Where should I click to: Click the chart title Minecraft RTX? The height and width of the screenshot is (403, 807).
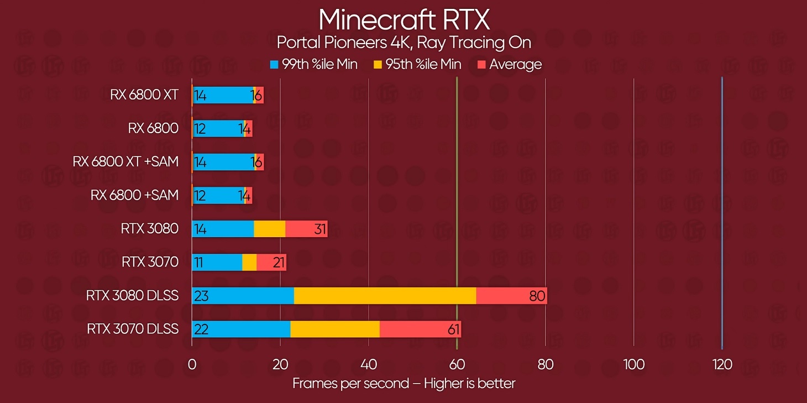[x=404, y=20]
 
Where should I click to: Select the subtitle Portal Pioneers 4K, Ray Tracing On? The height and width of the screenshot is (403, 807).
[x=404, y=43]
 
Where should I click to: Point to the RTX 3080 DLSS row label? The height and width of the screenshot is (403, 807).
[x=132, y=296]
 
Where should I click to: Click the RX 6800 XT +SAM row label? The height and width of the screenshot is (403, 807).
[x=125, y=162]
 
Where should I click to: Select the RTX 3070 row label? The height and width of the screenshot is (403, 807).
[x=150, y=262]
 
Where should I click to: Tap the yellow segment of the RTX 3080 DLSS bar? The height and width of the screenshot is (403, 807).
[x=385, y=296]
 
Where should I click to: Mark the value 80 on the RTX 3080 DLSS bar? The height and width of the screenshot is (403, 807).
[x=537, y=296]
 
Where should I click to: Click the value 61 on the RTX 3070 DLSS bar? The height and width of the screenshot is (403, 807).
[x=453, y=330]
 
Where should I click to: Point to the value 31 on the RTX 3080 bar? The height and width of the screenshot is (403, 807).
[x=320, y=229]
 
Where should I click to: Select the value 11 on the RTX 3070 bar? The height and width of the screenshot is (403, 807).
[x=198, y=263]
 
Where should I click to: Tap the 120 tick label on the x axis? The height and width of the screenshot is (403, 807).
[x=722, y=365]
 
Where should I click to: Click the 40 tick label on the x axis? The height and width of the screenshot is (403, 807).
[x=368, y=365]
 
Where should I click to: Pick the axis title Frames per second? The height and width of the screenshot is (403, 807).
[x=403, y=383]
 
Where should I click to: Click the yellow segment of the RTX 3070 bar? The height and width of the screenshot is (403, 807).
[x=249, y=262]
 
